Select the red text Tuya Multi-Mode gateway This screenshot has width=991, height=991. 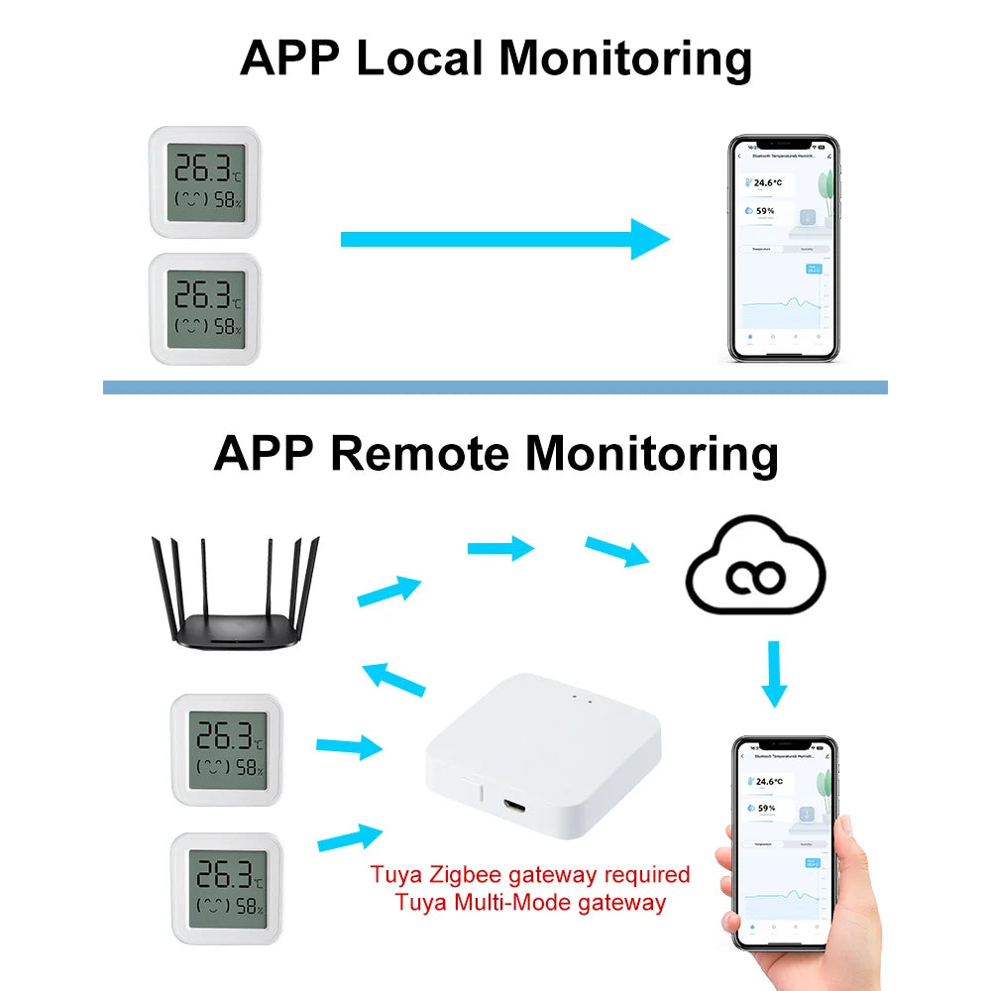point(530,903)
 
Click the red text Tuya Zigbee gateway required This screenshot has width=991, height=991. point(530,875)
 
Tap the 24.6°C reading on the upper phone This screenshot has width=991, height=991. point(769,182)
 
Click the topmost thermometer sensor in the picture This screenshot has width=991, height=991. point(205,180)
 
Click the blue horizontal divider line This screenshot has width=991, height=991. point(495,387)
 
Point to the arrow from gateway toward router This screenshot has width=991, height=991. point(394,680)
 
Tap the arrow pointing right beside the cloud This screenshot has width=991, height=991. point(616,551)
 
